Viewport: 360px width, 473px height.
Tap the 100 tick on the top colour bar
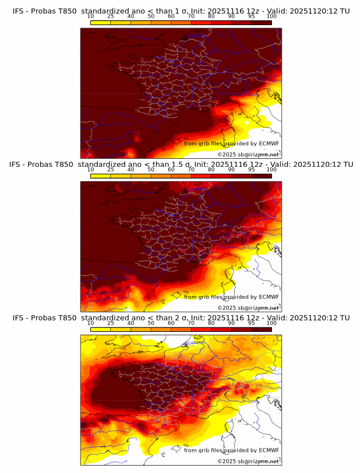pyautogui.click(x=271, y=16)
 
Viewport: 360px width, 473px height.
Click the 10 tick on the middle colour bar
pyautogui.click(x=90, y=169)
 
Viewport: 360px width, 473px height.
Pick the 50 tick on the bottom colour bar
pyautogui.click(x=151, y=322)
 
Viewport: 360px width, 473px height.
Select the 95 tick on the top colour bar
pyautogui.click(x=251, y=16)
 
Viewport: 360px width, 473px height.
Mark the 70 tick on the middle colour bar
pyautogui.click(x=191, y=169)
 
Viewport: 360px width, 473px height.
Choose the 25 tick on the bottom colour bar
pyautogui.click(x=110, y=322)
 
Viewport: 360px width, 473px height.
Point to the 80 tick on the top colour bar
pyautogui.click(x=211, y=16)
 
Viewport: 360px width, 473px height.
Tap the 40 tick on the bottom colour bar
pyautogui.click(x=131, y=322)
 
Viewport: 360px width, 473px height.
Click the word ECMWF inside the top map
pyautogui.click(x=269, y=144)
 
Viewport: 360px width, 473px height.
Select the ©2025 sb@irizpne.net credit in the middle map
pyautogui.click(x=248, y=308)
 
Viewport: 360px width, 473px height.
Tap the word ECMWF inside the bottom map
pyautogui.click(x=269, y=450)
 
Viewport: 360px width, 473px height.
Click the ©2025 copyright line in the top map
pyautogui.click(x=248, y=155)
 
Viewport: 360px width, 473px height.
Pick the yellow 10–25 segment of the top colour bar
pyautogui.click(x=100, y=22)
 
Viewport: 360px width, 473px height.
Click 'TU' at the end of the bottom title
pyautogui.click(x=345, y=318)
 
